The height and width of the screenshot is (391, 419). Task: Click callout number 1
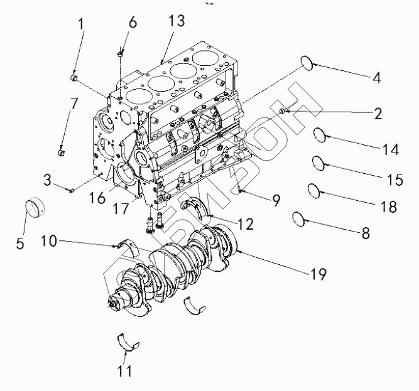[80, 26]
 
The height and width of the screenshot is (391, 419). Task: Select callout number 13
[177, 21]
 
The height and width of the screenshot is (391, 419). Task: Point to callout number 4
[376, 78]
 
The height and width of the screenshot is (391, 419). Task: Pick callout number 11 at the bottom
[126, 370]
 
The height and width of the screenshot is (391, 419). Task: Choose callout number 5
[20, 244]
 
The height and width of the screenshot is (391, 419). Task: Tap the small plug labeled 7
[62, 152]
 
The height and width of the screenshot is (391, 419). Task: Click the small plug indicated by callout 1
[74, 78]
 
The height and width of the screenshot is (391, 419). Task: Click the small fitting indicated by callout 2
[283, 112]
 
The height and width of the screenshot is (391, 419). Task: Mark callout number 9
[276, 201]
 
